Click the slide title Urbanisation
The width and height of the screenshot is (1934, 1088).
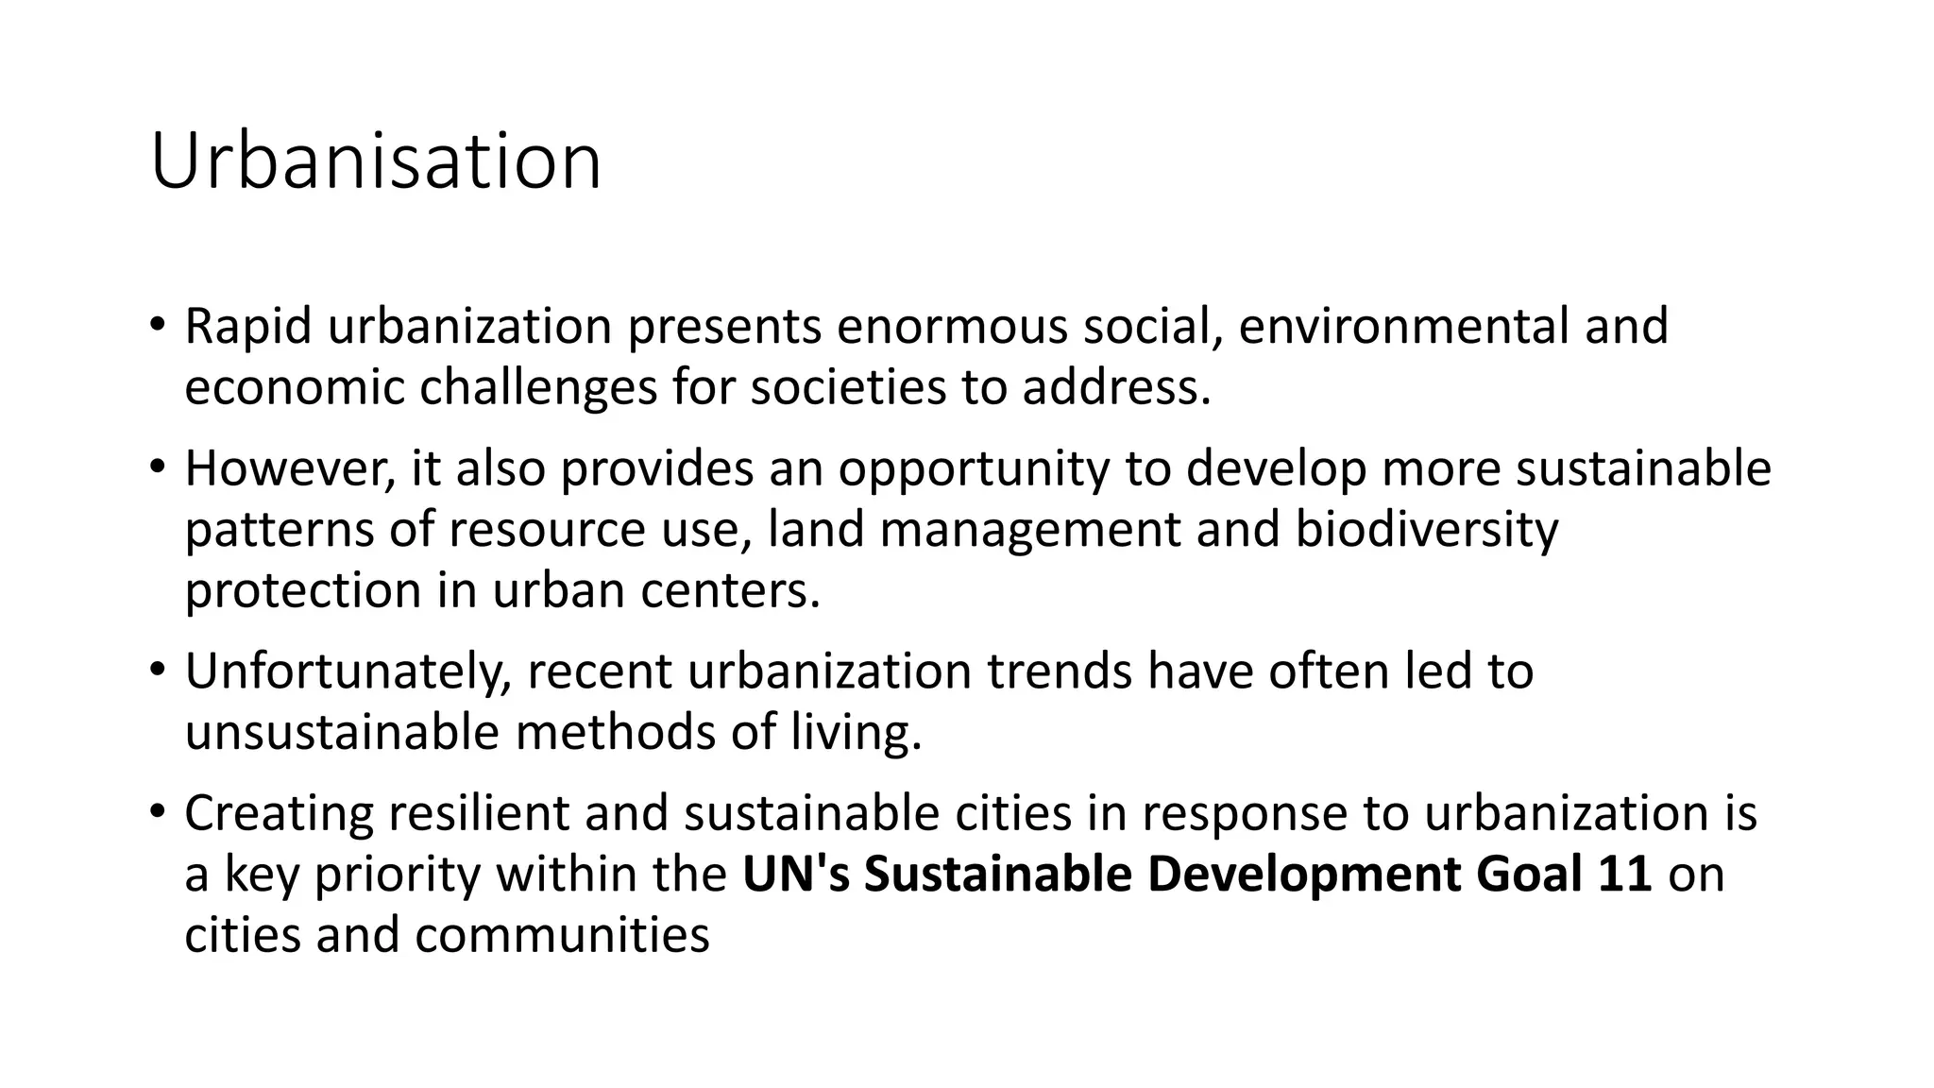(x=375, y=162)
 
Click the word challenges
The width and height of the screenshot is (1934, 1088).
(x=537, y=387)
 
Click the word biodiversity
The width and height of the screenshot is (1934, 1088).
(x=1426, y=530)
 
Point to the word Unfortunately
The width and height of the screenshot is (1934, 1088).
(x=348, y=672)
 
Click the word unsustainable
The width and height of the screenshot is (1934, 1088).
(x=341, y=732)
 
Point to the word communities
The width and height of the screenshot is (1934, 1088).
(x=561, y=935)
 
